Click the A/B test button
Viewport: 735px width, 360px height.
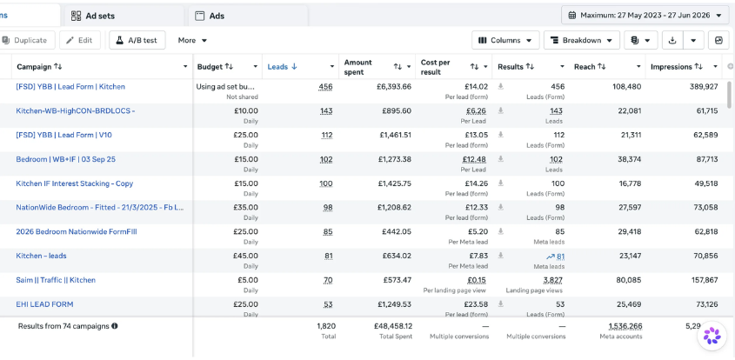(x=137, y=40)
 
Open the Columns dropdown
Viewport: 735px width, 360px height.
(x=505, y=40)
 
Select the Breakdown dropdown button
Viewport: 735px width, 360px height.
(x=582, y=40)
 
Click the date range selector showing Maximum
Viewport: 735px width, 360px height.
(x=645, y=15)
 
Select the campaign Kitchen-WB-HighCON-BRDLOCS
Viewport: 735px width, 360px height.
(x=76, y=111)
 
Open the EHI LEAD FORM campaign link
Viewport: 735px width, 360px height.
(x=44, y=304)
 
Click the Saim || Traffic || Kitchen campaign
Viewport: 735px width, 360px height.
(x=56, y=280)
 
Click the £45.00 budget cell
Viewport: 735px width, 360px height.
(x=245, y=256)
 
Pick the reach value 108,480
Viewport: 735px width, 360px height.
(x=627, y=87)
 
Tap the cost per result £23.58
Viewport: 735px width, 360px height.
(x=476, y=304)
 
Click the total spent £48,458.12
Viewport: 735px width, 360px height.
(x=393, y=326)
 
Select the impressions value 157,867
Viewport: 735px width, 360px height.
(x=701, y=280)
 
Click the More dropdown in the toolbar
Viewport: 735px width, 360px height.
(x=192, y=40)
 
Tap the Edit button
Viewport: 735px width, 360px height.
(x=80, y=40)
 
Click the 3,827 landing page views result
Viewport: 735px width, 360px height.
(x=552, y=280)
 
